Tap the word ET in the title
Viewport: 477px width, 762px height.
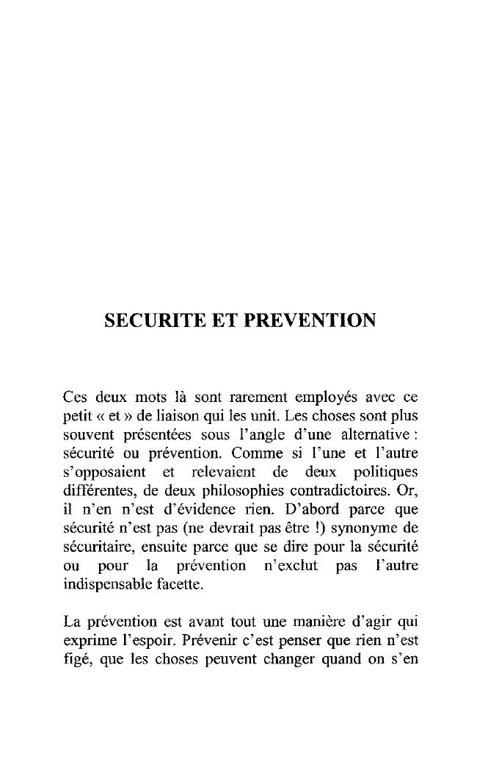coord(216,320)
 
